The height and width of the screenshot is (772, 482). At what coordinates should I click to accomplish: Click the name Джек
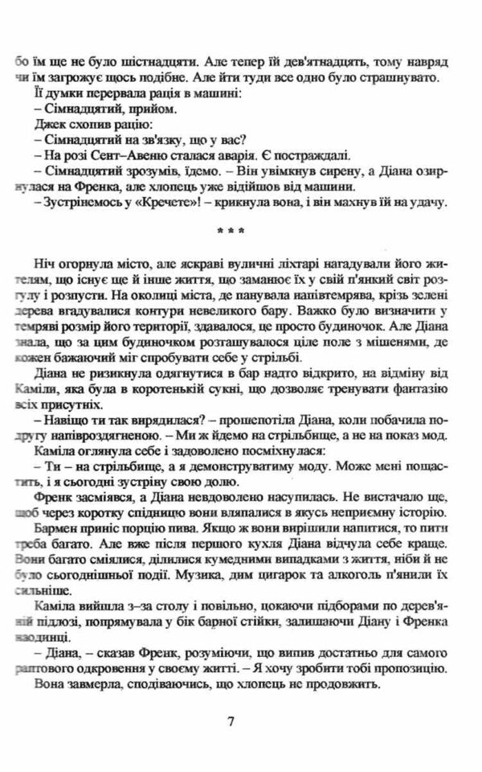[x=50, y=125]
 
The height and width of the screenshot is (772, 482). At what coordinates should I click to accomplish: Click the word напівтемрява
[x=287, y=298]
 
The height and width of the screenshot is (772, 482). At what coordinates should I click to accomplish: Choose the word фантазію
[x=418, y=392]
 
